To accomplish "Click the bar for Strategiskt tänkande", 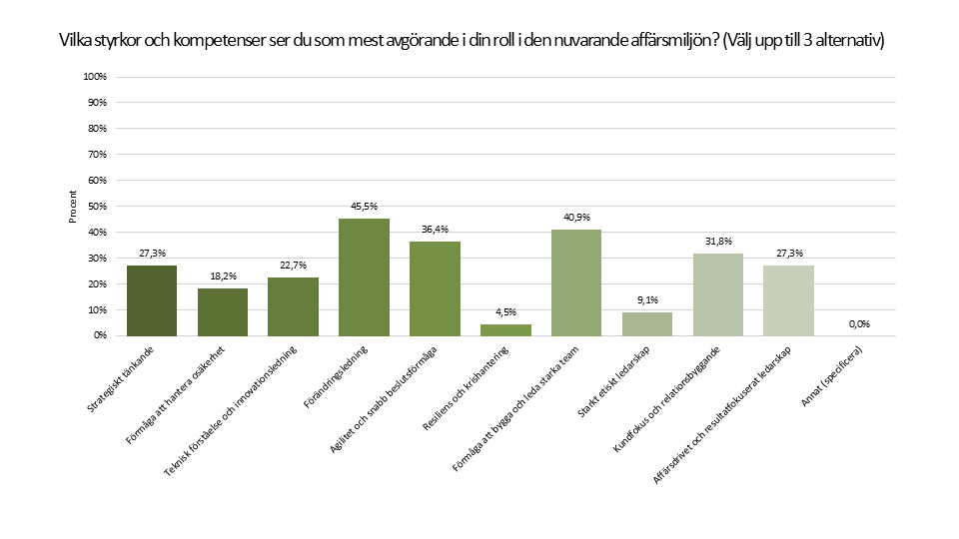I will pos(152,300).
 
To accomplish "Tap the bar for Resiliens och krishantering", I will pos(505,329).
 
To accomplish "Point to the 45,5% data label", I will pos(364,208).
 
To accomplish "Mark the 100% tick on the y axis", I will pos(96,77).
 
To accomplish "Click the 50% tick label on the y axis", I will pos(98,207).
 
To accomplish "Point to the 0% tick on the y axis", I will pos(100,335).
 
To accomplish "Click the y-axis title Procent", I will pos(73,207).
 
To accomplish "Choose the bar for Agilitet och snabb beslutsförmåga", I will pos(435,288).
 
